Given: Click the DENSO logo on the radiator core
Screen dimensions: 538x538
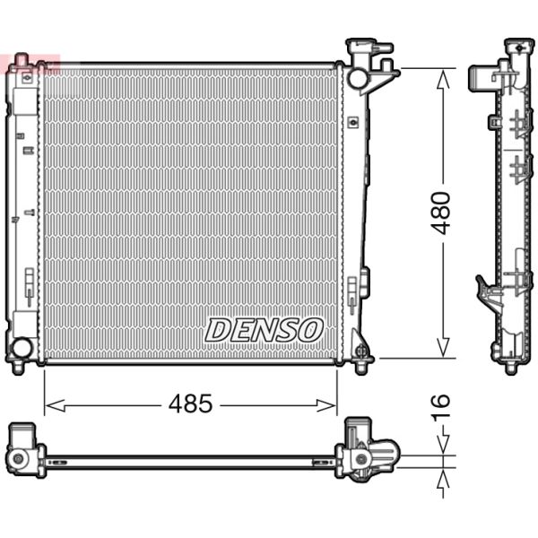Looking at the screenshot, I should pos(264,330).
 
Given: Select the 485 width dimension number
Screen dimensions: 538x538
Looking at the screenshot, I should pos(190,404).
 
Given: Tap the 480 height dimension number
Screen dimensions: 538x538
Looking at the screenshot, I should pos(440,213).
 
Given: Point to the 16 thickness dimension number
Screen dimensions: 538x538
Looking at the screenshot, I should pos(440,407).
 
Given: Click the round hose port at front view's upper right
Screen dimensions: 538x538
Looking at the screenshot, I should pos(358,78).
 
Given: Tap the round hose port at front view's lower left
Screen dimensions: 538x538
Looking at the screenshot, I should pos(21,347).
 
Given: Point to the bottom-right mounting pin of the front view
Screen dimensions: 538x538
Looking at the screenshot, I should pos(361,366).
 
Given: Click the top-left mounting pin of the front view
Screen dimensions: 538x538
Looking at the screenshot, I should pos(21,61).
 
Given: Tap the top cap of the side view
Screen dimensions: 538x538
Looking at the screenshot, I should pos(518,45).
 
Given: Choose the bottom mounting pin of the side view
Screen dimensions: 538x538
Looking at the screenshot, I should pos(511,367).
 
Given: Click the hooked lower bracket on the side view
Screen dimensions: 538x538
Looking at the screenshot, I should pos(485,289).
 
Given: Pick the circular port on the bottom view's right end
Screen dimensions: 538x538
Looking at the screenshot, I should pos(360,459).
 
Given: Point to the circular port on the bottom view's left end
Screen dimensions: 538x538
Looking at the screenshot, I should pos(17,458).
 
